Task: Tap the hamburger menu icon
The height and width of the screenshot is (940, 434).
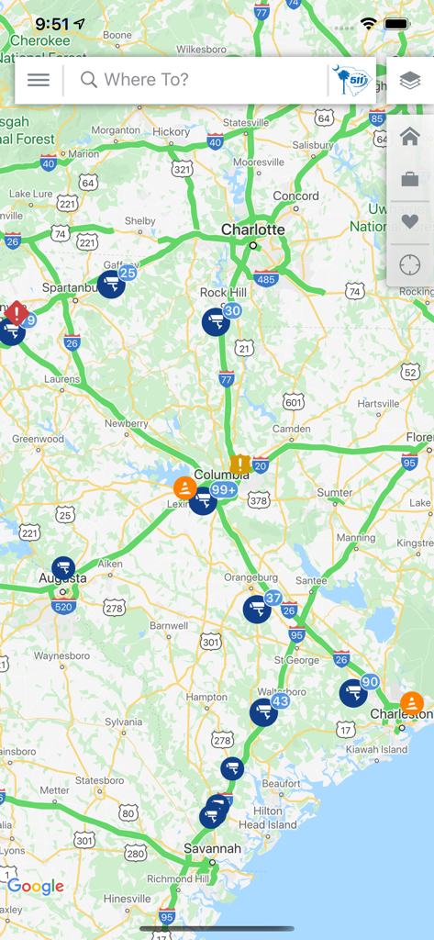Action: coord(39,80)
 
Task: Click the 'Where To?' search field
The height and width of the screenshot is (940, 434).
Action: coord(197,80)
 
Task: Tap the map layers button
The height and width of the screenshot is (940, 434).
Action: coord(410,80)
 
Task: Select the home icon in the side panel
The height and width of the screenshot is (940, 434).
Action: coord(410,137)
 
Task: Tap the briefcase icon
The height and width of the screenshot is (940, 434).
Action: coord(410,179)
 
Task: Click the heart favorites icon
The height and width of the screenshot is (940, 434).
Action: coord(410,222)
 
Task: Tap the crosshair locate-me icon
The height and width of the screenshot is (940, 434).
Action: coord(410,265)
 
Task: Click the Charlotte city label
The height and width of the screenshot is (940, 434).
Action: coord(253,229)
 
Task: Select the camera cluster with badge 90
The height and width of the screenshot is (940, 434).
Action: coord(353,693)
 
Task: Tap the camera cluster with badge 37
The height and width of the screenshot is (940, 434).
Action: coord(257,609)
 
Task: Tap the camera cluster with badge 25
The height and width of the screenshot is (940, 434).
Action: coord(111,284)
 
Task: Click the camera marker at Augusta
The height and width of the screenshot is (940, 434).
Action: coord(62,568)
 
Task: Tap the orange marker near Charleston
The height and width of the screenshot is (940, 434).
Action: coord(412,703)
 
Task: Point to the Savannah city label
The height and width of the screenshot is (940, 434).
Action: coord(212,849)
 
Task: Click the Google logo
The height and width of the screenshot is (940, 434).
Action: coord(36,886)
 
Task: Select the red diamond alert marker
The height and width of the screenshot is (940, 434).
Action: coord(16,313)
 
